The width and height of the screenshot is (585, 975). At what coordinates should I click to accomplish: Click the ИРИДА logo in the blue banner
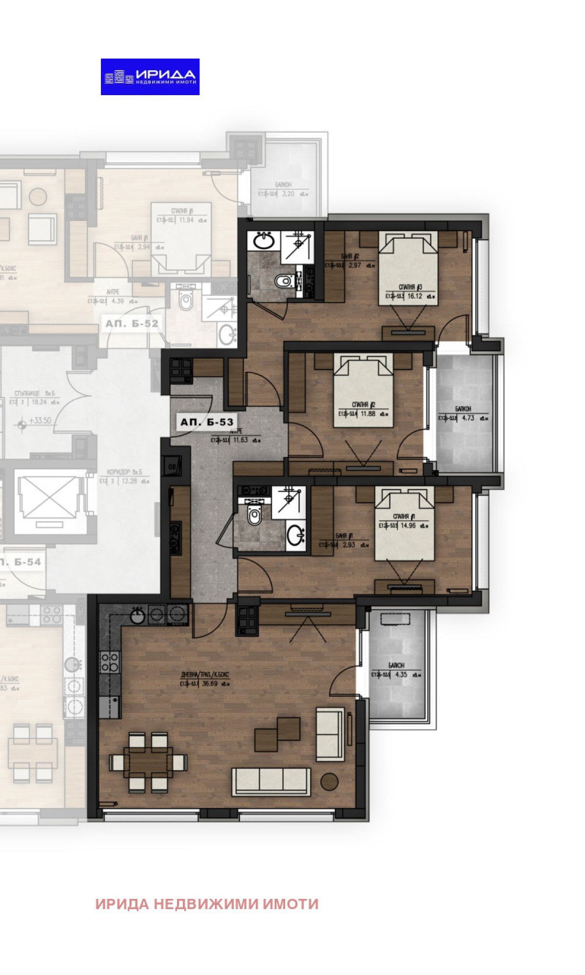pos(150,77)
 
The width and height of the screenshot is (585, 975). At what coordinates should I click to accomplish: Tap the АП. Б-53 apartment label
pos(207,422)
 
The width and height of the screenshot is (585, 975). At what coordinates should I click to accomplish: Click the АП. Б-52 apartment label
pos(132,324)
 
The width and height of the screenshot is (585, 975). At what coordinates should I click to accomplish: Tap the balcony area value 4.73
pos(468,418)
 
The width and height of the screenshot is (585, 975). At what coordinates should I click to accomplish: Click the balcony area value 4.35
pos(401,675)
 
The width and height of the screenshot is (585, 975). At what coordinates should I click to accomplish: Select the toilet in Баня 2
pos(283,281)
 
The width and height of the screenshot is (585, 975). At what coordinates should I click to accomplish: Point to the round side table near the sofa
pos(330,781)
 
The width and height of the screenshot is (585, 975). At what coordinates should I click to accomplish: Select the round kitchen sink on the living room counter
pos(137,616)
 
